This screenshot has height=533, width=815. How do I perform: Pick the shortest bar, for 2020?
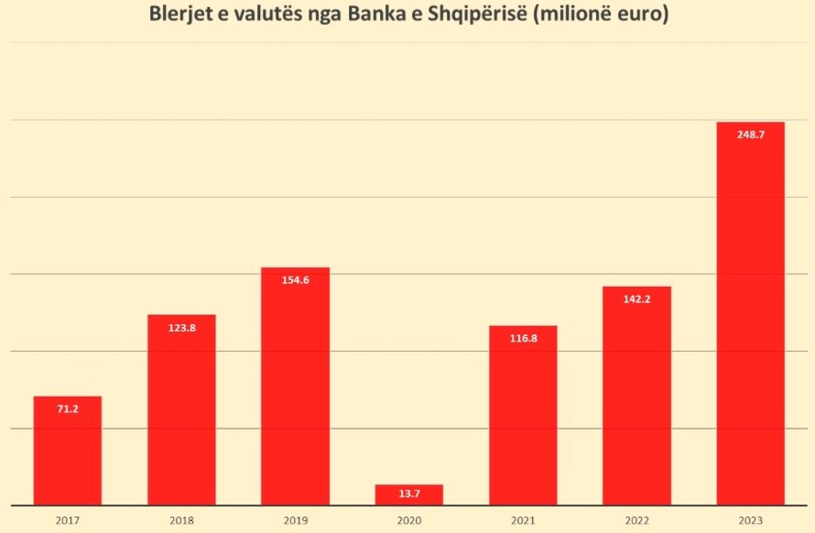coord(408,495)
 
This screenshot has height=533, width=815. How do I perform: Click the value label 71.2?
coord(68,409)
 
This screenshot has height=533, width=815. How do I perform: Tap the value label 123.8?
coord(181,327)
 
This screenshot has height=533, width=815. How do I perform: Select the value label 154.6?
coord(295,280)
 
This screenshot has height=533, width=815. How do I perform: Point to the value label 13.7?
coord(408,495)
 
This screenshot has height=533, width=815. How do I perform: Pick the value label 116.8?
coord(523,339)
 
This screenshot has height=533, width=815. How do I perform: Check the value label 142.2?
coord(636,299)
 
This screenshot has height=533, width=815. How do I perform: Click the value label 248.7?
coord(750,135)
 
